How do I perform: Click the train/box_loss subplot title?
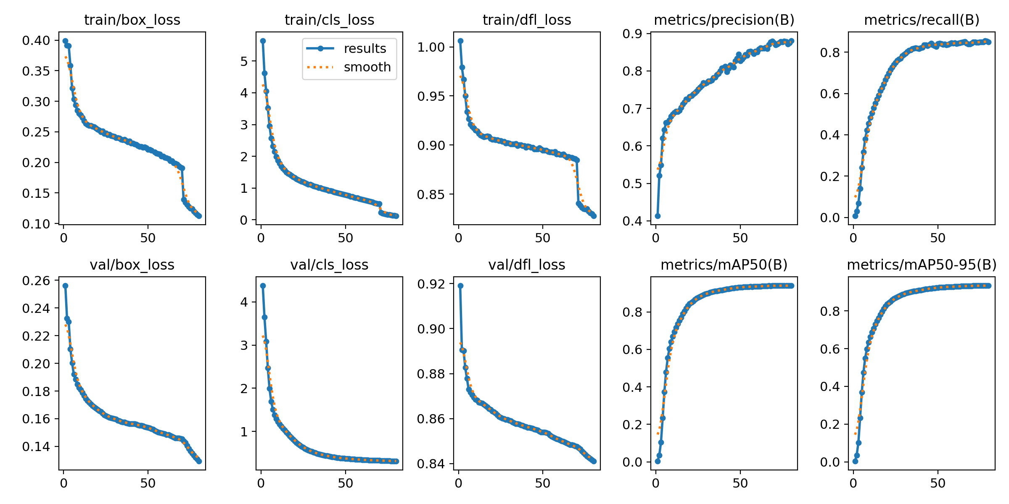[x=132, y=20]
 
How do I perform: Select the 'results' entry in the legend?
[x=365, y=49]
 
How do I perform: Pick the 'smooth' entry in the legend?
[x=367, y=67]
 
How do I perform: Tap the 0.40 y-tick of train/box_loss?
[x=36, y=41]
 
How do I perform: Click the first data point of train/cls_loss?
[x=263, y=41]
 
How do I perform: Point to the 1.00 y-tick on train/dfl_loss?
[x=431, y=47]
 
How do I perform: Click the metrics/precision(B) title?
[x=724, y=20]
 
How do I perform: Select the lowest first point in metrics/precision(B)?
[x=658, y=216]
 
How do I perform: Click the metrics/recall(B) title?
[x=922, y=20]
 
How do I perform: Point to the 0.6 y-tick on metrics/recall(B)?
[x=830, y=94]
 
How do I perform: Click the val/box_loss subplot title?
[x=132, y=265]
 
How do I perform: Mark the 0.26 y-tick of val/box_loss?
[x=36, y=281]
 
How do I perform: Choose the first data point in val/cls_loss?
[x=263, y=286]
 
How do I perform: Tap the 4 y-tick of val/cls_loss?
[x=244, y=302]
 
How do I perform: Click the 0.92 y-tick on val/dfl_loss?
[x=431, y=284]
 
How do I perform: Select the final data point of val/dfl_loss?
[x=594, y=461]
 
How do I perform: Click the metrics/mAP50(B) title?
[x=724, y=265]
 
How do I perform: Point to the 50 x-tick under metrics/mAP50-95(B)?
[x=938, y=483]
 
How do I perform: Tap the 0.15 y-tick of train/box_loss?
[x=36, y=193]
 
